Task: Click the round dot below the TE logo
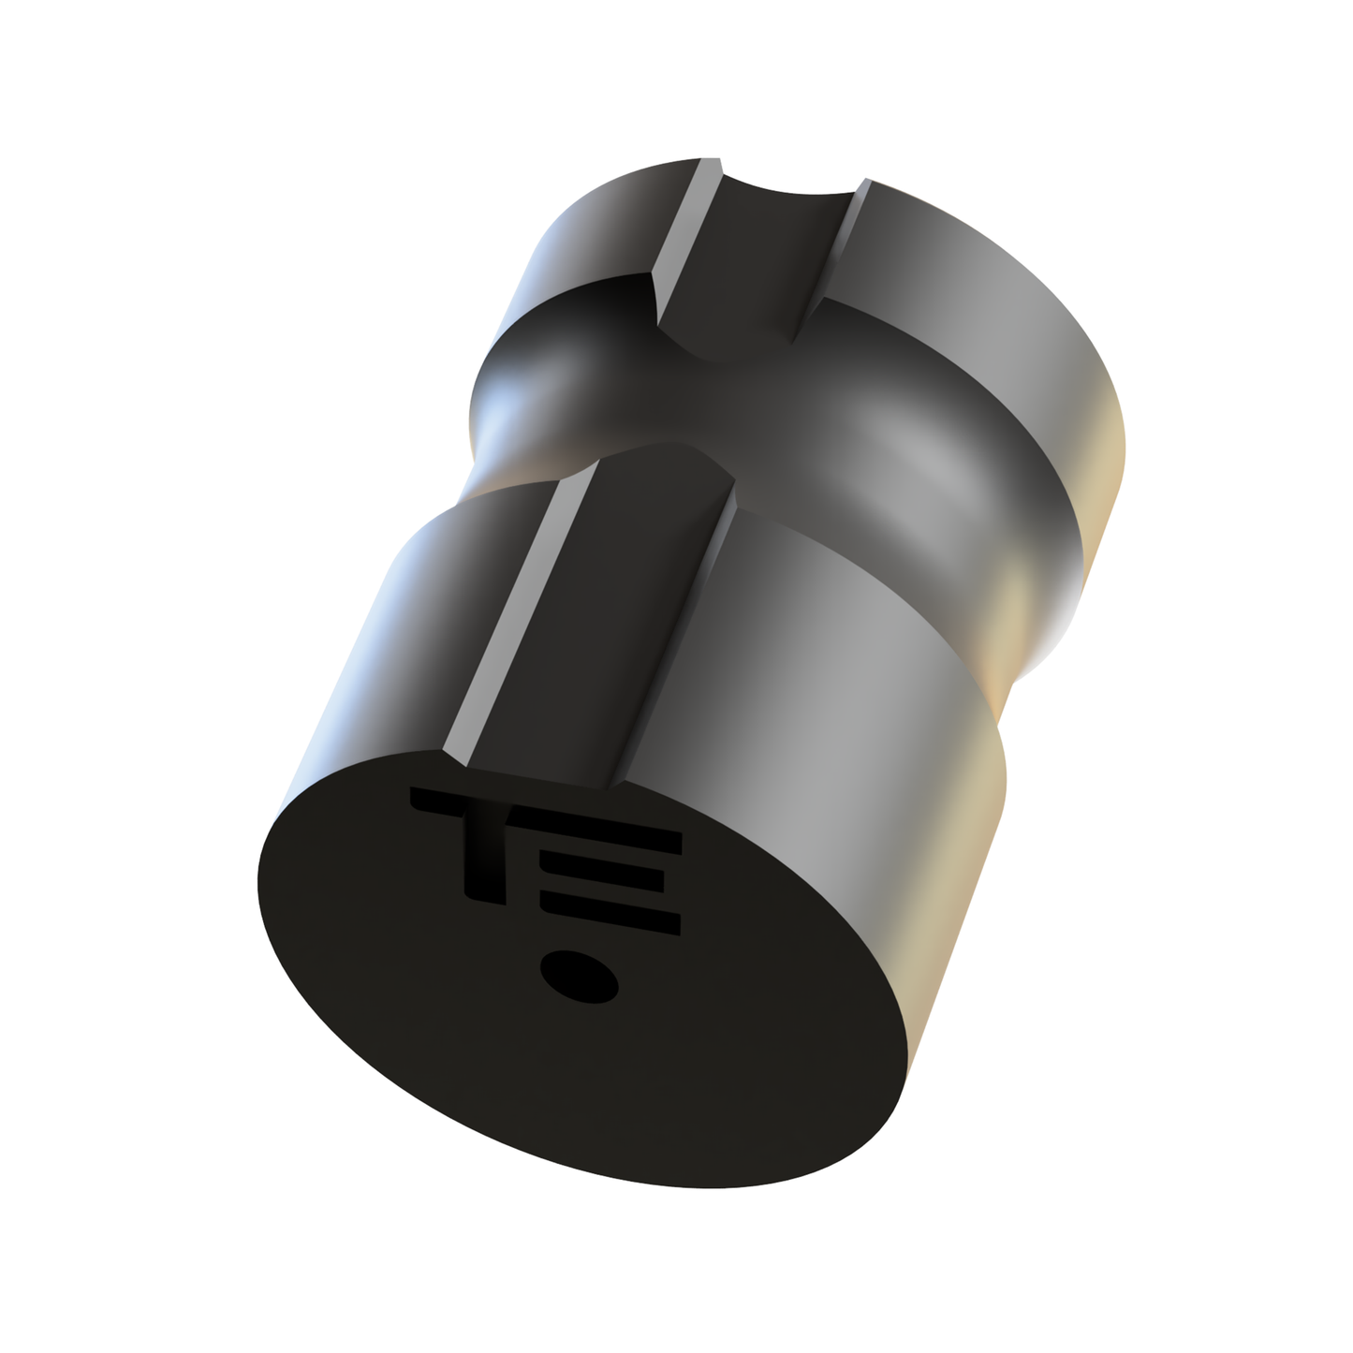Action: click(x=579, y=978)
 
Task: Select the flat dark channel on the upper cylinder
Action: click(x=740, y=262)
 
